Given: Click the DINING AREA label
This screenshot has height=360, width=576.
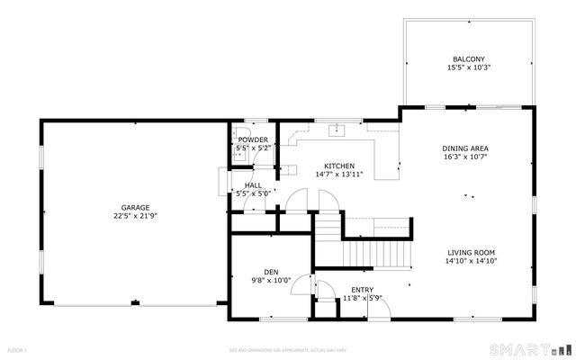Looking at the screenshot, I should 464,148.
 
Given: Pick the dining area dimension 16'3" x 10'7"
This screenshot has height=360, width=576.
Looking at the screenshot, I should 464,157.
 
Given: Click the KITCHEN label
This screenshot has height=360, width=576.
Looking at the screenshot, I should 338,166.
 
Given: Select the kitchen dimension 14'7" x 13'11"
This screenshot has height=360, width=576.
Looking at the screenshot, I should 338,175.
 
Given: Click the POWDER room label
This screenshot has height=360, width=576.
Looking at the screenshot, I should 253,139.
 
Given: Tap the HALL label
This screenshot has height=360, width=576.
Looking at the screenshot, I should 253,184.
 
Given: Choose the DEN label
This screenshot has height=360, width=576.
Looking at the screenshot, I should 271,271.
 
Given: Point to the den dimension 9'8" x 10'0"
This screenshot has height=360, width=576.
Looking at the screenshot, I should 271,280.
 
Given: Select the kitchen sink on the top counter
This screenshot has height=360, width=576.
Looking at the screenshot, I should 337,130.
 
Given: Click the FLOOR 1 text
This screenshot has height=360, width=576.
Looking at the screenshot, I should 18,349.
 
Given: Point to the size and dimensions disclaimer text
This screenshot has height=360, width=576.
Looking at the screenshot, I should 287,349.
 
